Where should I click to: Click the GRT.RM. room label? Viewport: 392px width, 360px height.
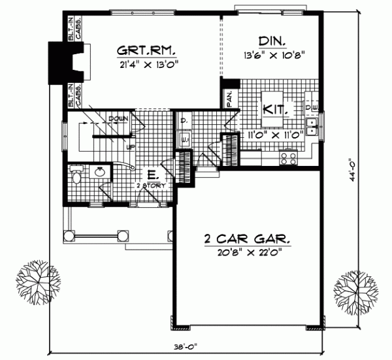click(148, 51)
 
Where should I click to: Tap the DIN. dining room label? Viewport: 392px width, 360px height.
click(269, 41)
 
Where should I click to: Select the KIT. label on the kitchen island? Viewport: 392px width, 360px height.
click(272, 108)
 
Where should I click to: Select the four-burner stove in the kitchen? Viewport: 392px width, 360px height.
click(288, 157)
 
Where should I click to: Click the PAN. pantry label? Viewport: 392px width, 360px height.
click(229, 98)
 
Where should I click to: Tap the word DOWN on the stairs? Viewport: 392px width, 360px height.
click(118, 118)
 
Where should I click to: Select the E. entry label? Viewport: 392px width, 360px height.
click(151, 175)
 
